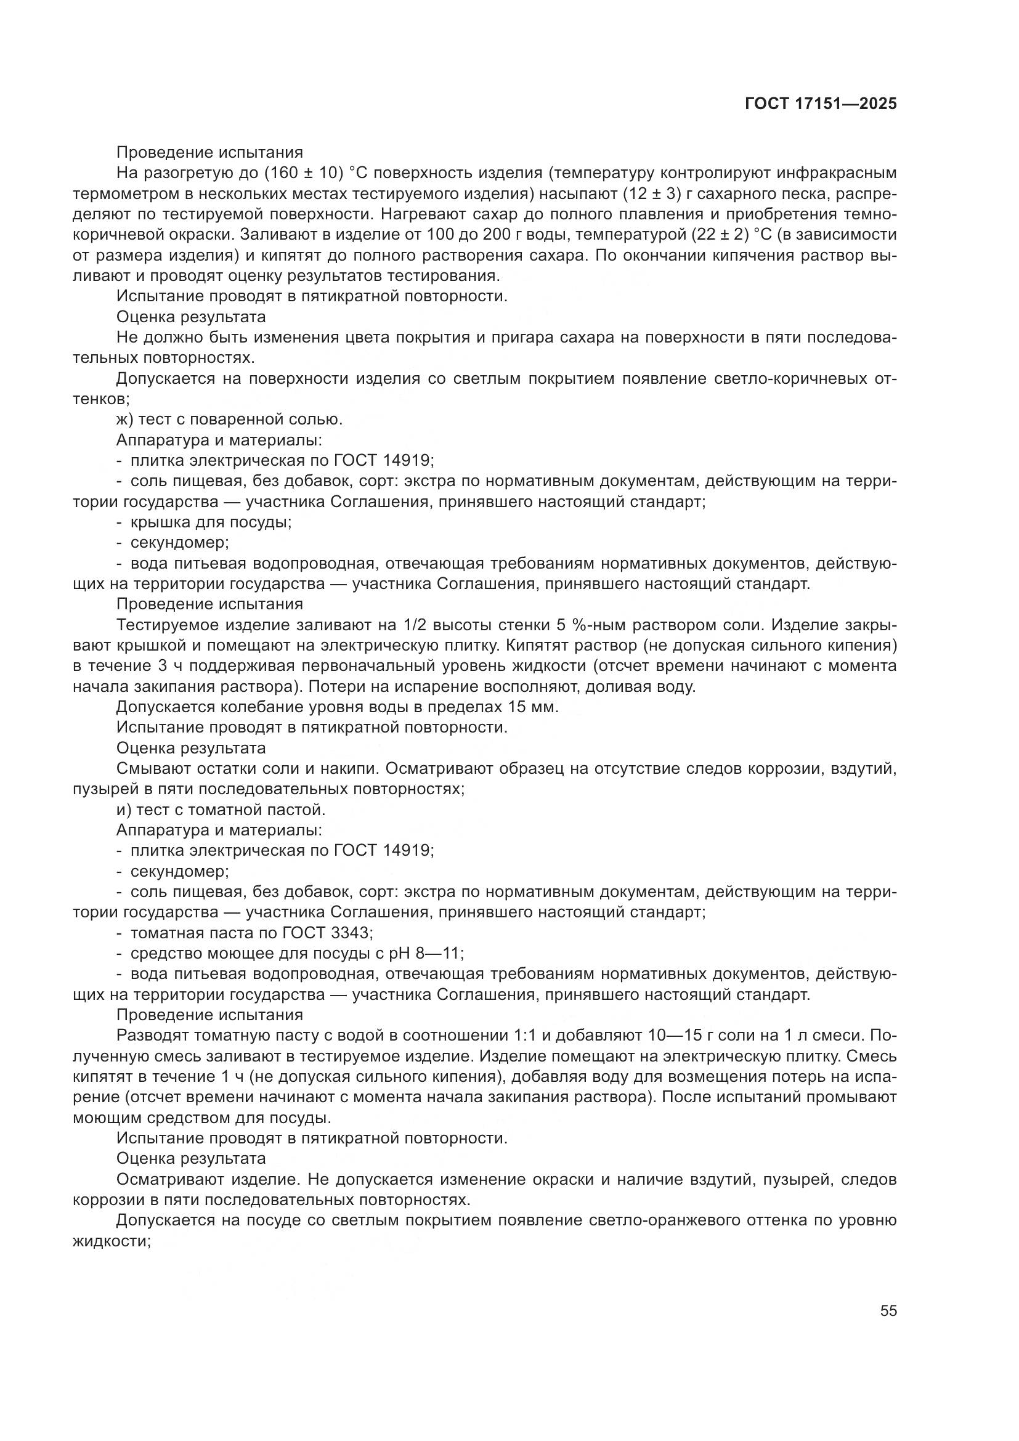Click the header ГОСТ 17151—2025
(821, 104)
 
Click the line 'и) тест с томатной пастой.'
(221, 810)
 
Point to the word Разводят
(152, 1036)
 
